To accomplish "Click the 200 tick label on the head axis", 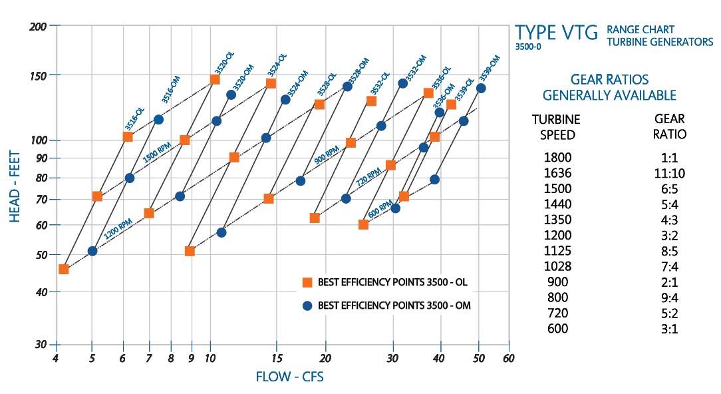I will tap(39, 27).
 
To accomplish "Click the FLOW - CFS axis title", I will tap(289, 377).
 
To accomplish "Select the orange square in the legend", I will tap(307, 282).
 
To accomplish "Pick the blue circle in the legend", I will tap(307, 305).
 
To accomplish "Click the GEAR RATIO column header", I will tap(670, 126).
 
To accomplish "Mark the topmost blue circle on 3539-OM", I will tap(481, 88).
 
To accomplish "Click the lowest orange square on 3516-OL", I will tap(64, 269).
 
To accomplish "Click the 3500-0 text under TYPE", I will tap(528, 48).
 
